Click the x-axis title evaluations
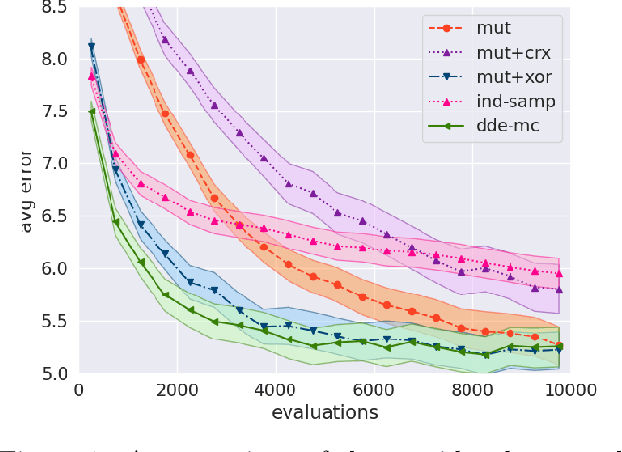click(325, 412)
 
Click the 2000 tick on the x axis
click(177, 389)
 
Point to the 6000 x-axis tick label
click(374, 389)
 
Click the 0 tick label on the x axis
click(79, 389)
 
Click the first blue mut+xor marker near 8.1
click(92, 46)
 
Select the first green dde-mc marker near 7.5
click(92, 112)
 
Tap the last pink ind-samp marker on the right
click(558, 274)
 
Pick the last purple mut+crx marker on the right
click(558, 289)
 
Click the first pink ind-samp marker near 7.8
click(92, 75)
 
